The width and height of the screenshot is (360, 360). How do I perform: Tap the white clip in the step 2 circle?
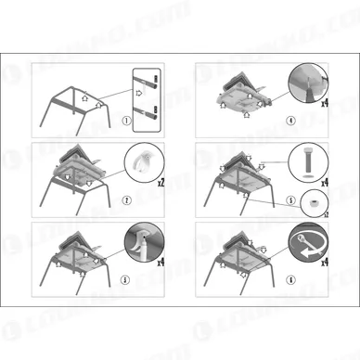point(140,166)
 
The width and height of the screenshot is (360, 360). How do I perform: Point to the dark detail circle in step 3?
point(142,244)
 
